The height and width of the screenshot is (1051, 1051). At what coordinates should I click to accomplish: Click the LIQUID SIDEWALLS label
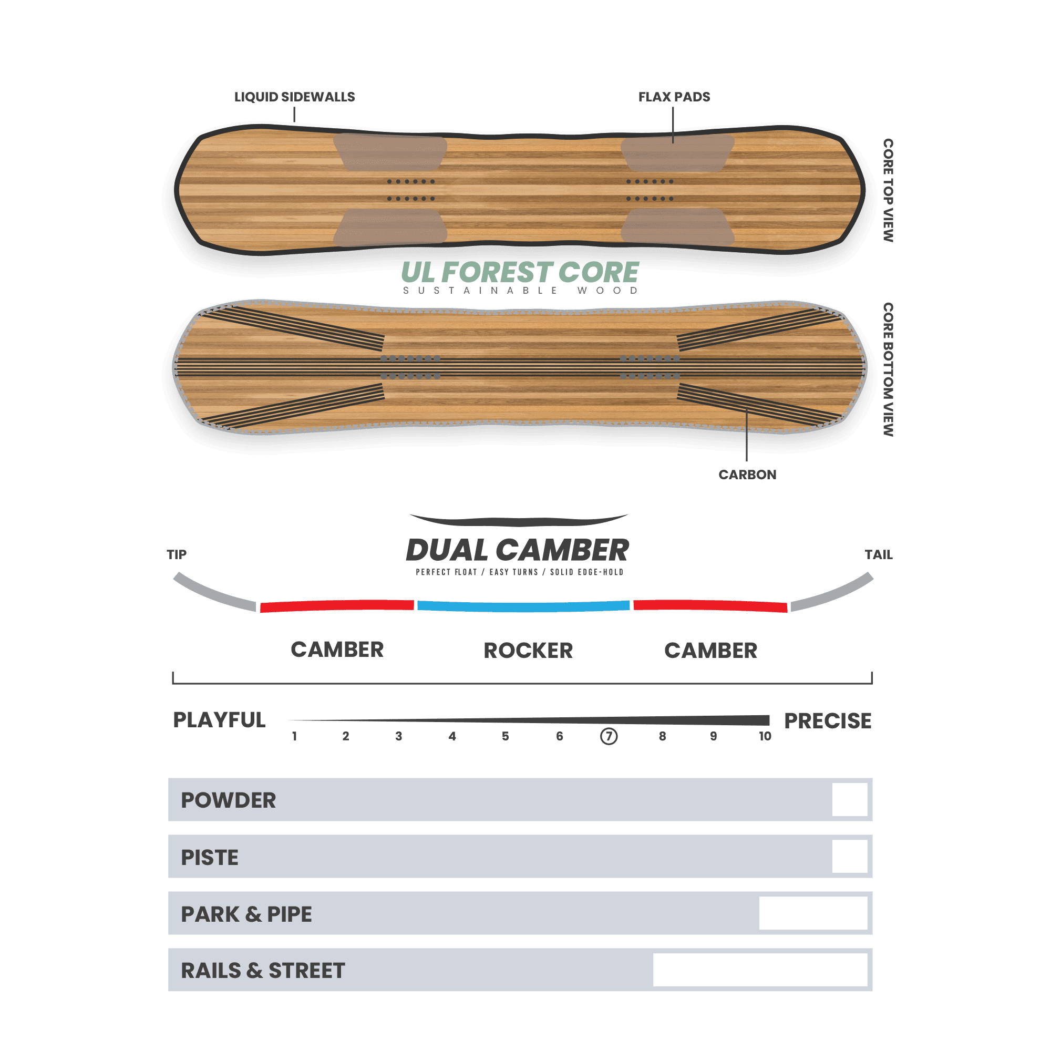[294, 97]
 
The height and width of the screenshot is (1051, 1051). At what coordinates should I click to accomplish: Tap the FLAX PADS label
[674, 97]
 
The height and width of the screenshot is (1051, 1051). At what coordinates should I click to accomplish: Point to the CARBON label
[747, 475]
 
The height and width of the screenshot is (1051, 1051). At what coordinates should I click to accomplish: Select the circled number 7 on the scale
[608, 736]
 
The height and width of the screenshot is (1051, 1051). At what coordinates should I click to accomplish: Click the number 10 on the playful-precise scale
[765, 736]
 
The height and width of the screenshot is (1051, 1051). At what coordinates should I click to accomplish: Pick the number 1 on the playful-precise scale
[294, 736]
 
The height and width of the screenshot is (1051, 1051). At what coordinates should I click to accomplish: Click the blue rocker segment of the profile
[523, 606]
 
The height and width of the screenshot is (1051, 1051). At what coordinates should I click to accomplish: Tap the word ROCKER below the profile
[528, 650]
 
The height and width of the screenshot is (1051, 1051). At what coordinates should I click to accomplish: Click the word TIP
[176, 554]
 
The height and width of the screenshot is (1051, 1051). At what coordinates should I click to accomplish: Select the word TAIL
[879, 554]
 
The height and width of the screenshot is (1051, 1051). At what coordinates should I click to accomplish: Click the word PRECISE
[828, 721]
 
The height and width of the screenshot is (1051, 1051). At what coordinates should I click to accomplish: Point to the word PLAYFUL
[219, 720]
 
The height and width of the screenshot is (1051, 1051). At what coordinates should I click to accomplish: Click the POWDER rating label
[228, 800]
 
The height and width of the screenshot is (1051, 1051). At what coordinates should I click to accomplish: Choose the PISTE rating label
[210, 857]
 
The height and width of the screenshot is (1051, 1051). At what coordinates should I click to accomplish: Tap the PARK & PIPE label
[246, 914]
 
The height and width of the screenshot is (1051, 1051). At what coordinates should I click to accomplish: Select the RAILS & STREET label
[263, 971]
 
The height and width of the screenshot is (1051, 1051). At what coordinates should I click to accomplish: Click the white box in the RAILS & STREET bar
[760, 970]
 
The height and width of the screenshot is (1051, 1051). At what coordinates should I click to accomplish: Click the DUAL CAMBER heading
[517, 550]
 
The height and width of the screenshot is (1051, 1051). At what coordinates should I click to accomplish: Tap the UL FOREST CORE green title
[520, 272]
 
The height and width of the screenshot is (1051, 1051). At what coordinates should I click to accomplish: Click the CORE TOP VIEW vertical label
[888, 190]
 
